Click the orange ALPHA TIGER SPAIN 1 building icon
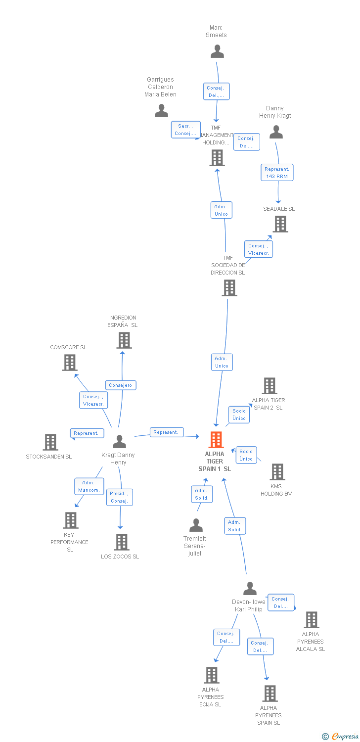click(216, 440)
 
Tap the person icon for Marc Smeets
click(217, 51)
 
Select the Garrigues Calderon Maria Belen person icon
click(162, 111)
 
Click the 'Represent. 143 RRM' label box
click(277, 173)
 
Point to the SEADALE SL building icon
click(280, 224)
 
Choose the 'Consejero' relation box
click(121, 385)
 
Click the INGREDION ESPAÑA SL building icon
click(124, 340)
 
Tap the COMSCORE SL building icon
click(70, 363)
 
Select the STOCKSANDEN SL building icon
click(50, 442)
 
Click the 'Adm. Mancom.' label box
click(89, 486)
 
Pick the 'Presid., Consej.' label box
click(120, 497)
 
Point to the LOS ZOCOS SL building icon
click(122, 542)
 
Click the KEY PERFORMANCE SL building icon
click(71, 520)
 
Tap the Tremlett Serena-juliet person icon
click(196, 525)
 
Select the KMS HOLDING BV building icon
click(277, 472)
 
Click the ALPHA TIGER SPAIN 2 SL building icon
click(269, 386)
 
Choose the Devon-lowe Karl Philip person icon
click(250, 589)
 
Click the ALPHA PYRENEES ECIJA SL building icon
click(212, 675)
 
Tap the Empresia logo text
click(345, 736)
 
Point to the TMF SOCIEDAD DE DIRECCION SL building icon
click(229, 288)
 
